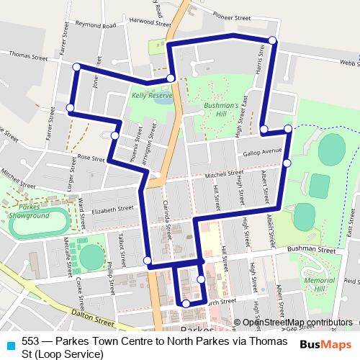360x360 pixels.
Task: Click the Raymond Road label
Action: pos(96,26)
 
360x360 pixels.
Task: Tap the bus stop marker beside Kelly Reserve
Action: pos(171,78)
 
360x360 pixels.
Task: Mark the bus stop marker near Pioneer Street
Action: pos(272,40)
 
